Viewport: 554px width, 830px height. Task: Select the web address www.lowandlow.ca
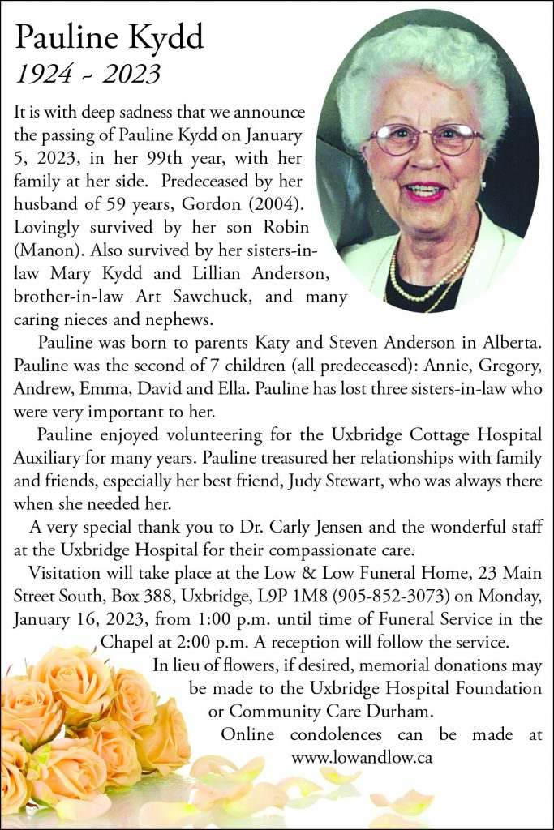pos(362,758)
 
